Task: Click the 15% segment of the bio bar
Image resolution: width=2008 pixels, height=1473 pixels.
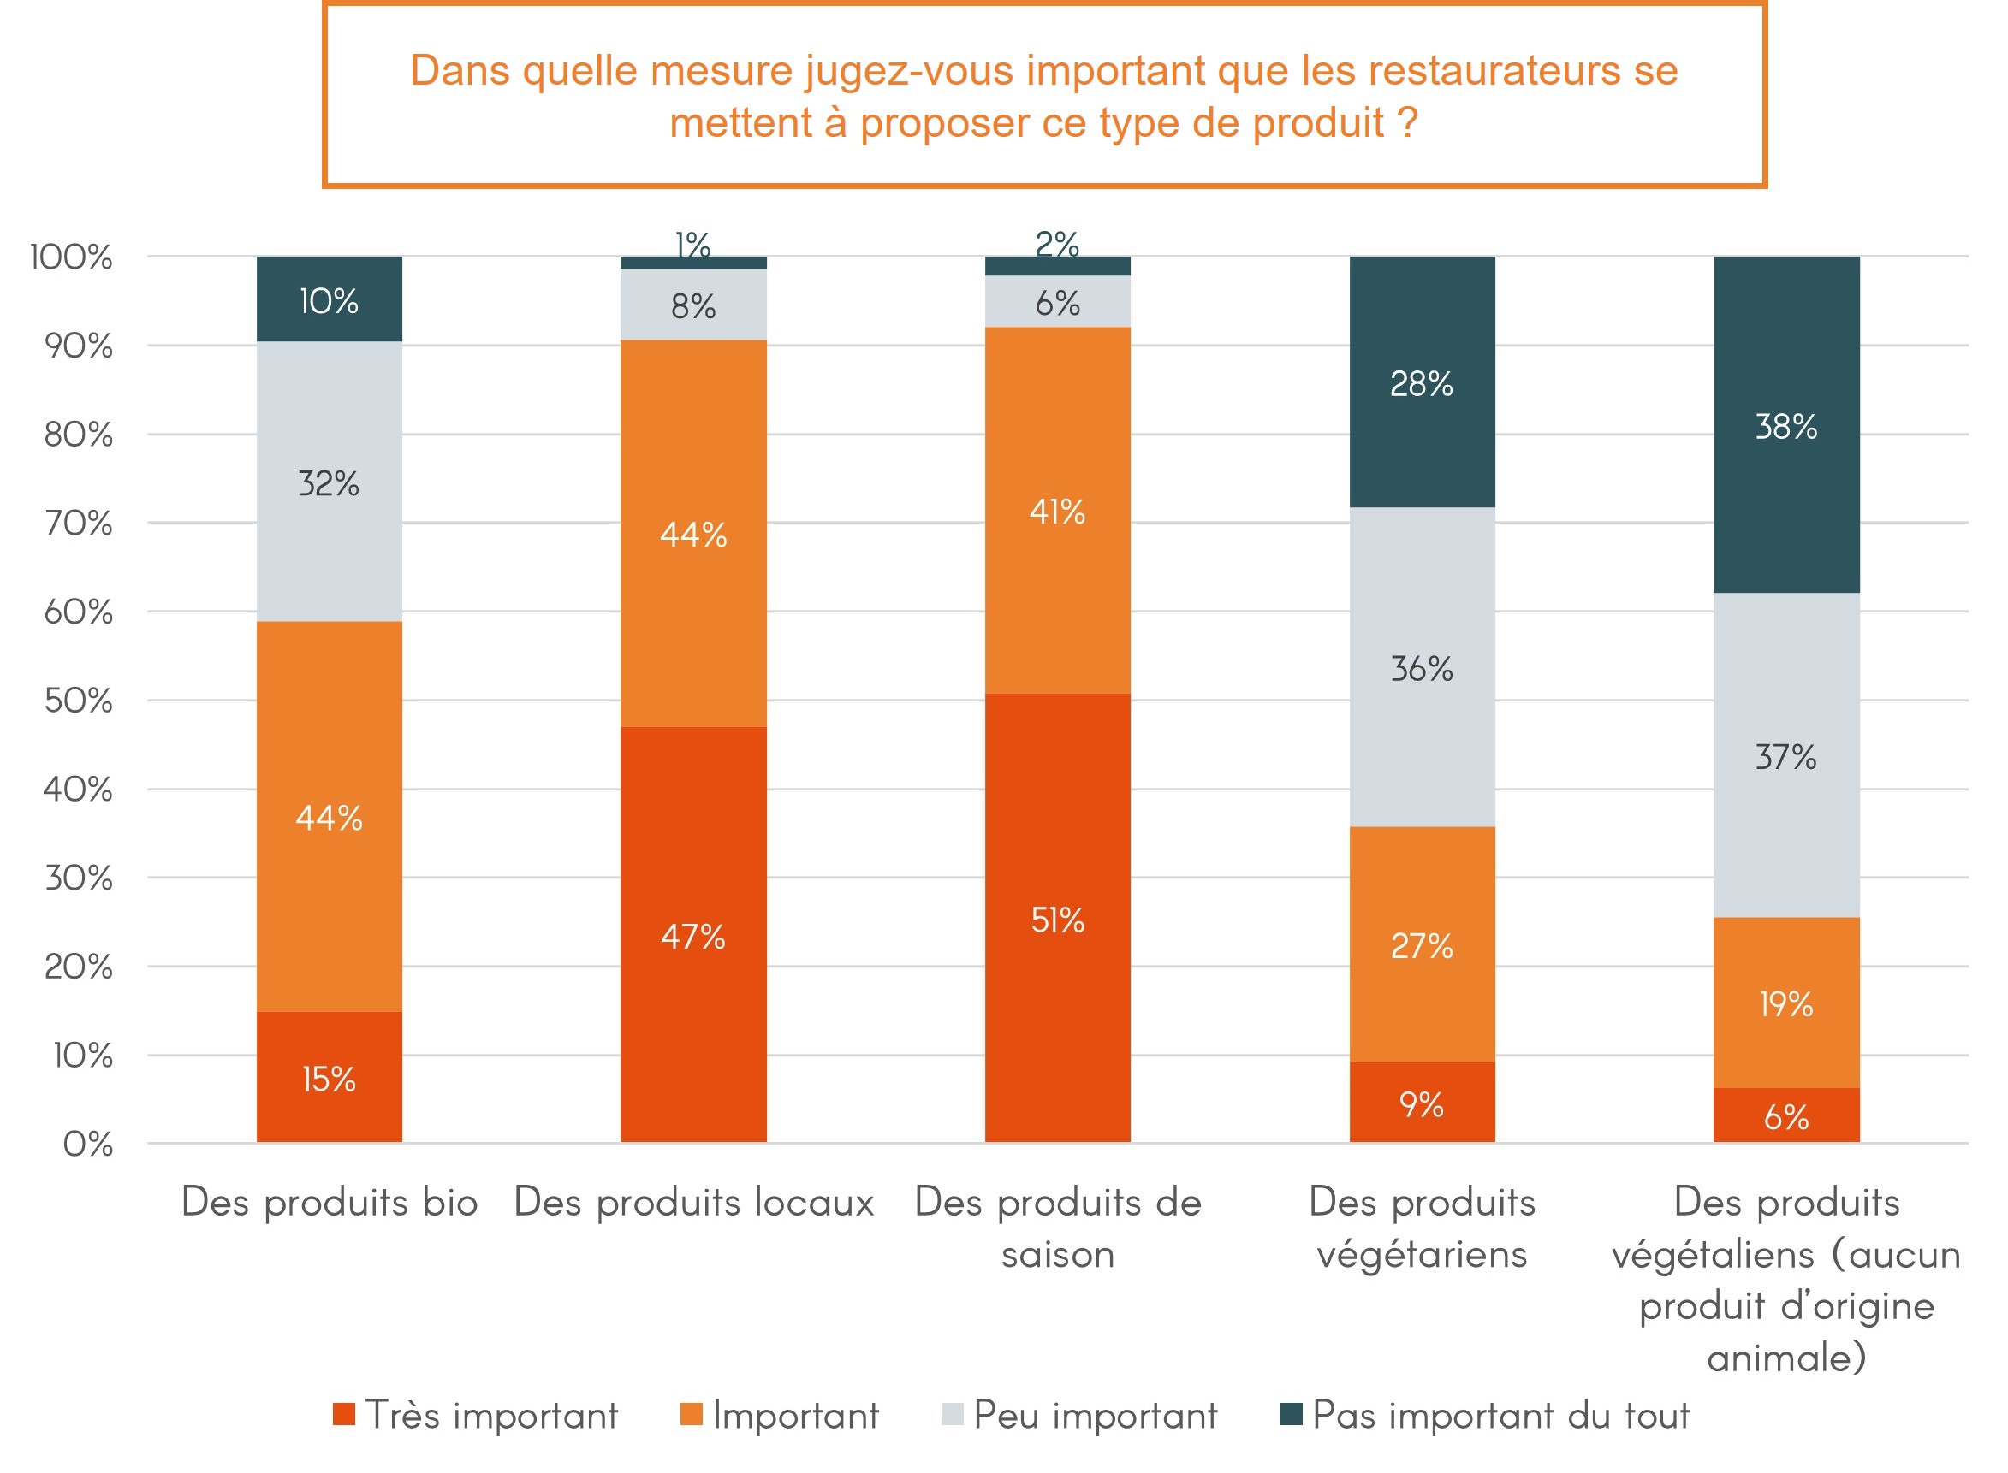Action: coord(330,1077)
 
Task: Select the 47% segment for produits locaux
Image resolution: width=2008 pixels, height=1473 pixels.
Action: coord(693,934)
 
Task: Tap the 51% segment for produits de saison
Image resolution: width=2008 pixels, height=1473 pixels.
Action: coord(1057,919)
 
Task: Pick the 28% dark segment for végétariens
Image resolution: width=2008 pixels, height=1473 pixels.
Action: coord(1421,382)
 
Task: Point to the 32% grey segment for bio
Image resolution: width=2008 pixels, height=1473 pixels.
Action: coord(330,482)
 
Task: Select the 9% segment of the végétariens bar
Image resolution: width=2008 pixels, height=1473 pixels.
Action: coord(1421,1103)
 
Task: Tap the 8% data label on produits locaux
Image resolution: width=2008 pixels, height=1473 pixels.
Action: coord(693,306)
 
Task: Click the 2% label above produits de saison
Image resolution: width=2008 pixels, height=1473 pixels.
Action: coord(1057,244)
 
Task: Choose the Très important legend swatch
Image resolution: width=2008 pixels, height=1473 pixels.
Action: coord(343,1414)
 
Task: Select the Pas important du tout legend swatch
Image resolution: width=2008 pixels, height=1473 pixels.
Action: coord(1291,1414)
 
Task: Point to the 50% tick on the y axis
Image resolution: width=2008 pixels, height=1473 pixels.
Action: coord(79,700)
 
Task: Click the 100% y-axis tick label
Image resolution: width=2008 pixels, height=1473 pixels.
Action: coord(71,257)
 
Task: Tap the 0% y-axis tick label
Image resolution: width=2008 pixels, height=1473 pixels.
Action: coord(87,1144)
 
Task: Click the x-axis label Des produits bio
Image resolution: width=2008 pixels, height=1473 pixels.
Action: coord(330,1202)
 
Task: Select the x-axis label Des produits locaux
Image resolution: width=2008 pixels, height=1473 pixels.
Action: coord(693,1202)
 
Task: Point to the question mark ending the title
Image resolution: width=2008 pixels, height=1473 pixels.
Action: coord(1408,122)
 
